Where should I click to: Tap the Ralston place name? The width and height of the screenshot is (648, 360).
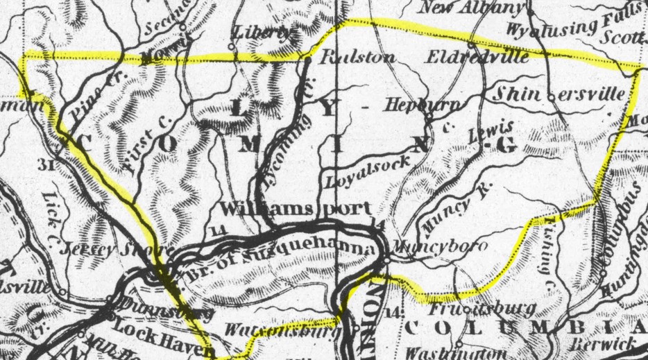[x=357, y=58]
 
